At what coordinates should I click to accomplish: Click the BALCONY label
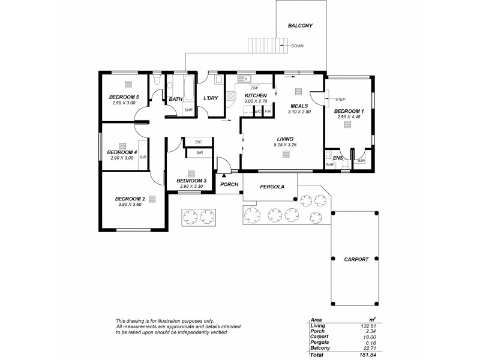[x=300, y=26]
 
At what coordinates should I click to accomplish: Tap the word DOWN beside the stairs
[x=297, y=46]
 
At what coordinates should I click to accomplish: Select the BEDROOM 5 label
[x=124, y=97]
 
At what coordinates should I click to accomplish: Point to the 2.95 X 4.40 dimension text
[x=347, y=117]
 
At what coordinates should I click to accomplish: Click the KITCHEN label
[x=256, y=96]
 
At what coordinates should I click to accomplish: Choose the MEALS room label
[x=298, y=106]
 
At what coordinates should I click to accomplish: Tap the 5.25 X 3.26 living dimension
[x=285, y=145]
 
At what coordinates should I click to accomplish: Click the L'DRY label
[x=210, y=98]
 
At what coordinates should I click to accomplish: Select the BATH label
[x=175, y=100]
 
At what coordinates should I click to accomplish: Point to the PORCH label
[x=229, y=184]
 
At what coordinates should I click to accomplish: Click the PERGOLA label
[x=271, y=187]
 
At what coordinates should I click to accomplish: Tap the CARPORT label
[x=356, y=259]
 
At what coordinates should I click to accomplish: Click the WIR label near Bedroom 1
[x=361, y=161]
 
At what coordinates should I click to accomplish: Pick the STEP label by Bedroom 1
[x=340, y=99]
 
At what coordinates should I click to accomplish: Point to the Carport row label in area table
[x=319, y=336]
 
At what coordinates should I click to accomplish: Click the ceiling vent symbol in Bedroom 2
[x=152, y=199]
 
